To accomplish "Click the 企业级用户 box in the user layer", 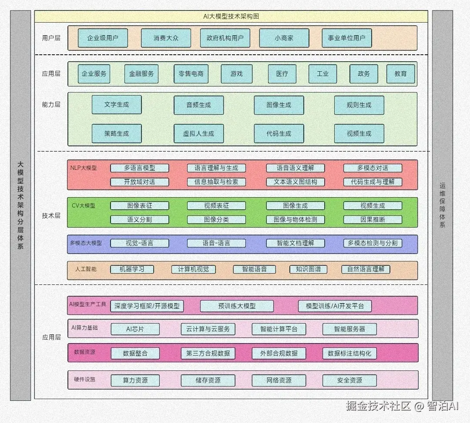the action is [x=103, y=38].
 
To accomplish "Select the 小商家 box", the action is [x=284, y=38].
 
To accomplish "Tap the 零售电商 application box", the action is [x=191, y=73].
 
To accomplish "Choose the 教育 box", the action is [x=400, y=73].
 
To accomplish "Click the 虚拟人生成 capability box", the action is [x=199, y=133].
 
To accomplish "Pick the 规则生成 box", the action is [x=359, y=105].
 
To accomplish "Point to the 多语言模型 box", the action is [x=140, y=168].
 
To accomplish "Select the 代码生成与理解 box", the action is [x=373, y=182].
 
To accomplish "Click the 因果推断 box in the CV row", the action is [x=373, y=220].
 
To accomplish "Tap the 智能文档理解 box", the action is [x=295, y=243].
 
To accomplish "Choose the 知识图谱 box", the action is [x=309, y=269].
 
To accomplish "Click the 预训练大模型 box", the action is [x=237, y=306].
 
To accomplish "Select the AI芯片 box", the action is [x=135, y=329].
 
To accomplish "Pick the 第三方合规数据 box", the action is [x=208, y=354].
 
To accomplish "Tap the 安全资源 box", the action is [x=349, y=380].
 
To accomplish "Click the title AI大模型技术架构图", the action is [x=231, y=17].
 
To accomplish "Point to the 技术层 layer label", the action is [x=51, y=215].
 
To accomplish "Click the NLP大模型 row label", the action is [x=84, y=168].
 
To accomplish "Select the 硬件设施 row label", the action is [x=84, y=379].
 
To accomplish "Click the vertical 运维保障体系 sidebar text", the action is [x=443, y=205].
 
